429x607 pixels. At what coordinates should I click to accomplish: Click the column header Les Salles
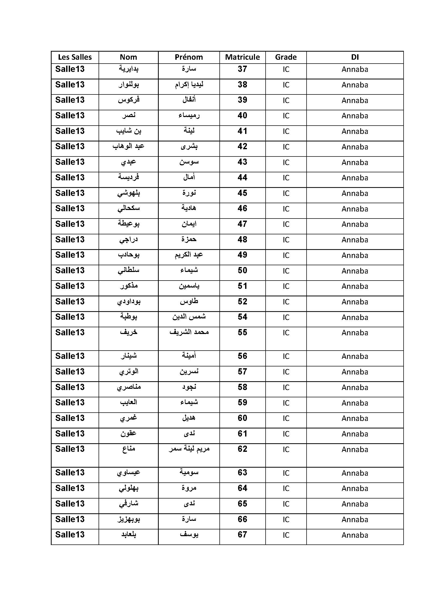coord(75,57)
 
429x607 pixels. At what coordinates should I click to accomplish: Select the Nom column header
coord(128,57)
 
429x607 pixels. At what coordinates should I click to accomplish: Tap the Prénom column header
coord(189,57)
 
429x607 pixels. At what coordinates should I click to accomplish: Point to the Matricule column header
coord(242,57)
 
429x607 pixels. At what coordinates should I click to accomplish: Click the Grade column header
coord(286,57)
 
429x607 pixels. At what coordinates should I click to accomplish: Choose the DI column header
coord(355,57)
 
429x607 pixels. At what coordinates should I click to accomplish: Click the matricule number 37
coord(242,69)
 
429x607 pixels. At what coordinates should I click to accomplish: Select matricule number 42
coord(242,146)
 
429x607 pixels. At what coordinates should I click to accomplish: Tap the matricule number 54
coord(242,317)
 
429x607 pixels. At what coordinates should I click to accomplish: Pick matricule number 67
coord(242,535)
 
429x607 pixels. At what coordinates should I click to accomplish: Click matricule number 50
coord(242,270)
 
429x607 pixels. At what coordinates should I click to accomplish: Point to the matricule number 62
coord(242,449)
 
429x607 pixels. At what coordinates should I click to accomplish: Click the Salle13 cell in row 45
coord(70,193)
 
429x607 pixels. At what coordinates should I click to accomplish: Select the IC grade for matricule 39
coord(286,100)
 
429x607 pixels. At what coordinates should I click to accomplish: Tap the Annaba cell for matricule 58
coord(355,387)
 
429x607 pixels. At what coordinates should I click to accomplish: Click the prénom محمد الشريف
coord(189,332)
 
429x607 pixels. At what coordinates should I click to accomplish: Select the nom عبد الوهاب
coord(128,146)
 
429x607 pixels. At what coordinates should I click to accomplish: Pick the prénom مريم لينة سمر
coord(189,449)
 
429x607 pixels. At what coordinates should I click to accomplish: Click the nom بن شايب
coord(128,131)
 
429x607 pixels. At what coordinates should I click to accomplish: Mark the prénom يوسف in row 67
coord(189,535)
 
